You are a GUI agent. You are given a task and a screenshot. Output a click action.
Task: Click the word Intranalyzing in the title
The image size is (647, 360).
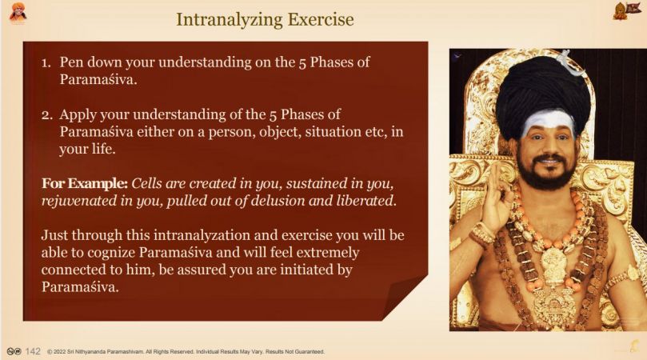[229, 19]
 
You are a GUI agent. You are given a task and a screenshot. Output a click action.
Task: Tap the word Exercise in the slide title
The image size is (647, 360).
[321, 19]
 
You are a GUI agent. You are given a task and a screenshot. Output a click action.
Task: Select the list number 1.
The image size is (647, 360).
[46, 62]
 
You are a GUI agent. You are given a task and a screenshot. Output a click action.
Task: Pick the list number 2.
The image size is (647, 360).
[46, 114]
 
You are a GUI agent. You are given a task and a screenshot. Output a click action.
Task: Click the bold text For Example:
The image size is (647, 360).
[85, 183]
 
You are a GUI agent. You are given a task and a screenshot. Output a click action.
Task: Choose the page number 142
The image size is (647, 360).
[33, 351]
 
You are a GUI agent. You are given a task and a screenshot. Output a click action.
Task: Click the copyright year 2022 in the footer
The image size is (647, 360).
[60, 352]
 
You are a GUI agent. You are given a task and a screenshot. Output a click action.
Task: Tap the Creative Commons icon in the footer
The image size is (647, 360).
[14, 351]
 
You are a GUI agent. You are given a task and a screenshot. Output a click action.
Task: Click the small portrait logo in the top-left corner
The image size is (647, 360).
[18, 12]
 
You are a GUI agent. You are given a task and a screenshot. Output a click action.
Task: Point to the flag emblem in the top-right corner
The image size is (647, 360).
[626, 11]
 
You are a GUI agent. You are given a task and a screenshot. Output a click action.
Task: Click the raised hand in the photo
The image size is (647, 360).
[497, 199]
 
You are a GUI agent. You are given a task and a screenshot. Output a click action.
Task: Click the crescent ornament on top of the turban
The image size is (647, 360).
[569, 62]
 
